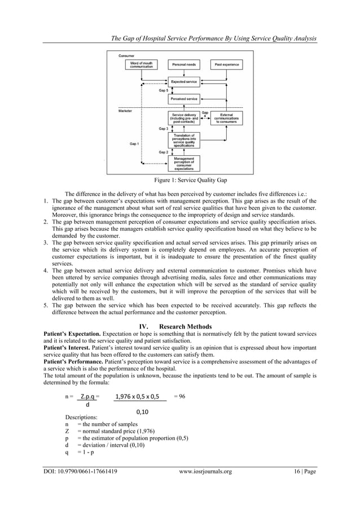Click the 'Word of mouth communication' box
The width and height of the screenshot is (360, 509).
pyautogui.click(x=139, y=65)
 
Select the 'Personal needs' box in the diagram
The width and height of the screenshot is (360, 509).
pyautogui.click(x=183, y=65)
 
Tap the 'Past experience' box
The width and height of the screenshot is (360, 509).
pyautogui.click(x=226, y=65)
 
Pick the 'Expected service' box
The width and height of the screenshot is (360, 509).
pyautogui.click(x=183, y=82)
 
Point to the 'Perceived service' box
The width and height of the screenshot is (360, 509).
pyautogui.click(x=183, y=99)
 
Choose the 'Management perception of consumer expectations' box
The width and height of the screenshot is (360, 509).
pyautogui.click(x=184, y=163)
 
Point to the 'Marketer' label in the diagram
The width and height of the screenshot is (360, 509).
pyautogui.click(x=125, y=111)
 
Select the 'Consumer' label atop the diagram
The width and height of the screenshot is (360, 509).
pyautogui.click(x=126, y=55)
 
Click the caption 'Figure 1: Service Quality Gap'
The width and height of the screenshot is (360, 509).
pyautogui.click(x=180, y=181)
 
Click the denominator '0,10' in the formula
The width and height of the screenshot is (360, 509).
pyautogui.click(x=143, y=412)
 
